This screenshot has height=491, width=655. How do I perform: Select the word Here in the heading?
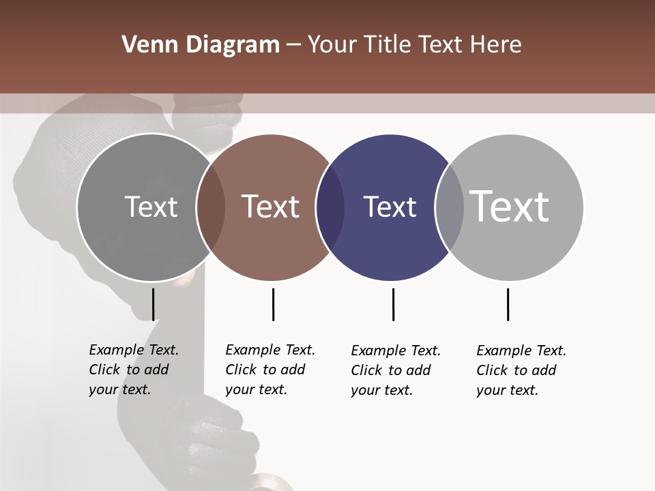tap(495, 45)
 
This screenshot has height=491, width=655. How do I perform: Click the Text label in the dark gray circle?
tap(151, 207)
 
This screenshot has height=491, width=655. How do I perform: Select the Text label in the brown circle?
tap(271, 207)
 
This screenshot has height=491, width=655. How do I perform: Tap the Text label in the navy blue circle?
tap(390, 207)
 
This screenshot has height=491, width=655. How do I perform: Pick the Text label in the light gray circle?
tap(510, 207)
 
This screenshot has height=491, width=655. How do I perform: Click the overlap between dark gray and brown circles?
tap(211, 207)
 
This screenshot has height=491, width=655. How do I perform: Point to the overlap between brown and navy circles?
tap(330, 207)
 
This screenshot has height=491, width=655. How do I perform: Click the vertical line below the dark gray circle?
tap(153, 304)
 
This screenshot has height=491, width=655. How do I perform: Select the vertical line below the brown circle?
tap(273, 304)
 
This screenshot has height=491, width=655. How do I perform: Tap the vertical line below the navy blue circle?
tap(393, 304)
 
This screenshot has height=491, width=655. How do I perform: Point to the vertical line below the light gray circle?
tap(508, 304)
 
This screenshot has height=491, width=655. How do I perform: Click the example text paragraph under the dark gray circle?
tap(133, 370)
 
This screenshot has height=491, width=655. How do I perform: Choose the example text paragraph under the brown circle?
tap(270, 370)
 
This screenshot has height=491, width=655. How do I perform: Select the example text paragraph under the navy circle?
tap(395, 370)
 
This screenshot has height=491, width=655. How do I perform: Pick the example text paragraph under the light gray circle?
tap(521, 370)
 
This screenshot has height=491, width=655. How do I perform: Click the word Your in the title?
tap(333, 45)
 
